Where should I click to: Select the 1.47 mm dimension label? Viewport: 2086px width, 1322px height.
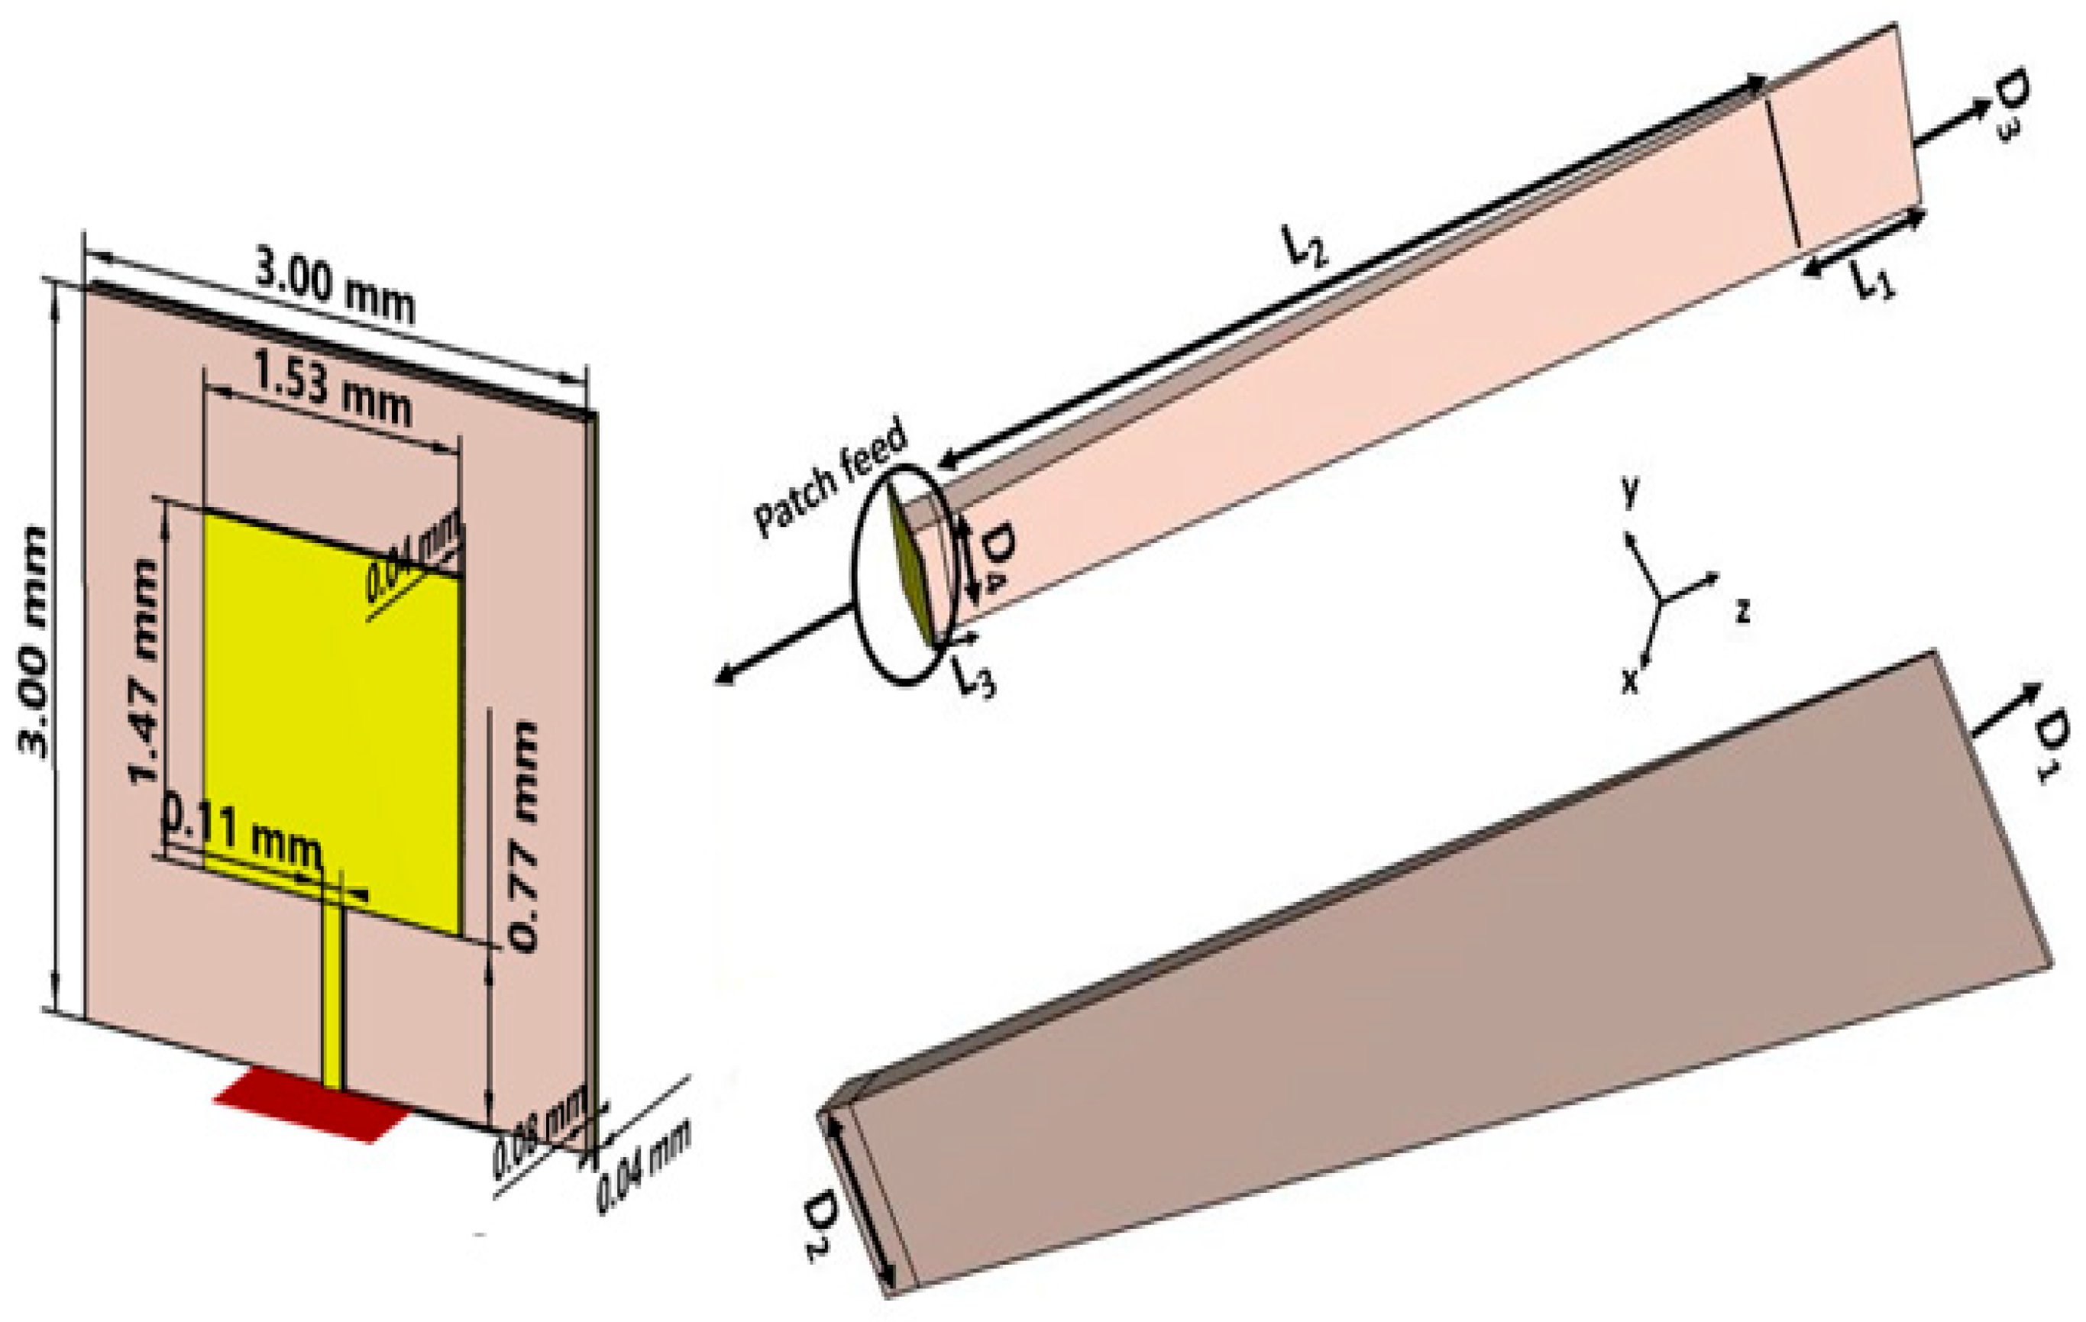point(143,671)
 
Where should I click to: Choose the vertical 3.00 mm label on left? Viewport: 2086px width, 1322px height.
point(34,641)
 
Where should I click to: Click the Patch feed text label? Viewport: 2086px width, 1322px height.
point(830,478)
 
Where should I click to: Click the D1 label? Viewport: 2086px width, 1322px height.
point(2053,745)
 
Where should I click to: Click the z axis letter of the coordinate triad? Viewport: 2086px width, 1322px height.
point(1743,611)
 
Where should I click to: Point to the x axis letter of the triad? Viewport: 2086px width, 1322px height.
point(1630,683)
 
